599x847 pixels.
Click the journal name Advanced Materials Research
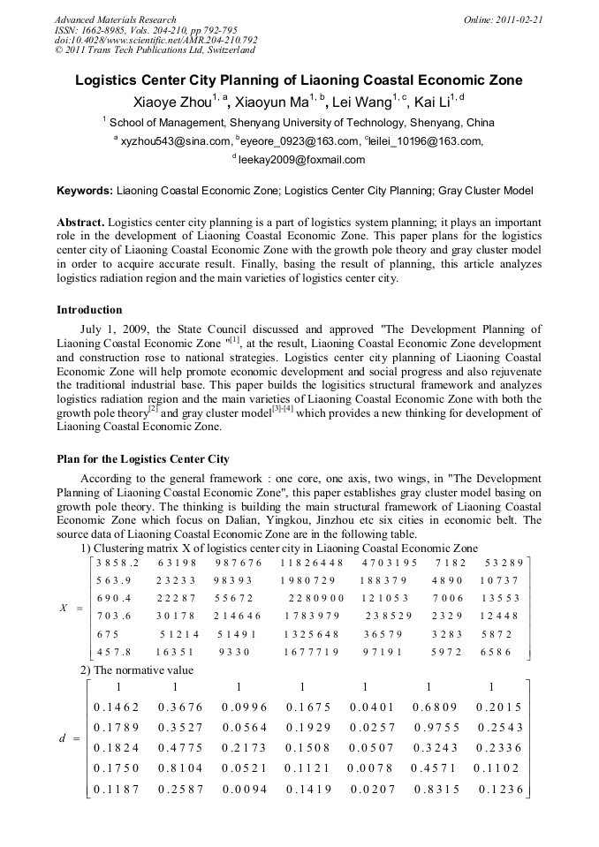point(115,19)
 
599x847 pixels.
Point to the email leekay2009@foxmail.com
point(301,160)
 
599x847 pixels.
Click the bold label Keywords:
point(85,190)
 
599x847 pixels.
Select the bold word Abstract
point(80,223)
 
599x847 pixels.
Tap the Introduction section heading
point(89,310)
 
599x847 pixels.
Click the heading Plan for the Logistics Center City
point(142,459)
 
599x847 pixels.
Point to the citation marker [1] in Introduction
point(234,338)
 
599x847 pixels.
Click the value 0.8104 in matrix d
point(180,768)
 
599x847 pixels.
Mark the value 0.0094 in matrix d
point(244,788)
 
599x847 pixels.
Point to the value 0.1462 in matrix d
point(117,707)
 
